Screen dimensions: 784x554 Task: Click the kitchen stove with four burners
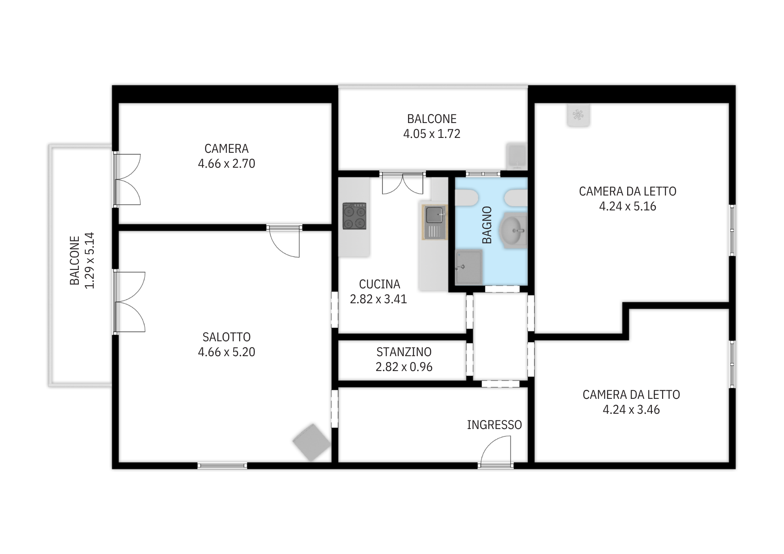(x=354, y=216)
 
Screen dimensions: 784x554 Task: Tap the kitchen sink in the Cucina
(x=435, y=222)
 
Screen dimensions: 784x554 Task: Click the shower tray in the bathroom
(x=469, y=267)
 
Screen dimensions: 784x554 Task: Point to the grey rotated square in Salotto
(x=312, y=442)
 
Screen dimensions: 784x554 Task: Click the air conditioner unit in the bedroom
(x=578, y=115)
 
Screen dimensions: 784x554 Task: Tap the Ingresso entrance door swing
(x=496, y=451)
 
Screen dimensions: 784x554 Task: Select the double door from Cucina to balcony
(x=403, y=183)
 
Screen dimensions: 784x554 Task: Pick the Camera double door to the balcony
(x=127, y=179)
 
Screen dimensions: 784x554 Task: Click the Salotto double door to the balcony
(x=129, y=302)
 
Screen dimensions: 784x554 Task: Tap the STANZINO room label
(x=404, y=352)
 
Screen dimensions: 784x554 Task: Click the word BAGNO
(x=486, y=225)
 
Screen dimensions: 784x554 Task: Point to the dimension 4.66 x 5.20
(x=227, y=352)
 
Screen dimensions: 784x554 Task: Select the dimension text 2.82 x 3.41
(x=378, y=299)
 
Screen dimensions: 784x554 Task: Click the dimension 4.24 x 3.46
(x=631, y=409)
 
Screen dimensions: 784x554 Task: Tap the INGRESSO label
(x=494, y=425)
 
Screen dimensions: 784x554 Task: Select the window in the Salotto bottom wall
(x=222, y=465)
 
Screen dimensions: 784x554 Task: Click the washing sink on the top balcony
(x=516, y=156)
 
